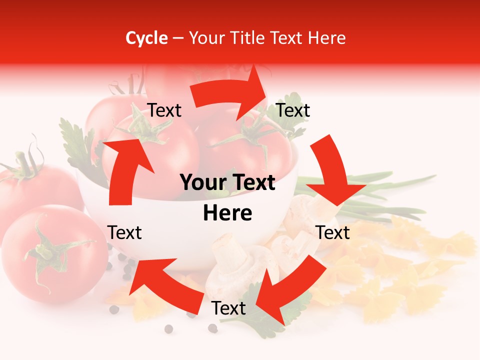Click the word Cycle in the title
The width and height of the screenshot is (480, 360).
[146, 38]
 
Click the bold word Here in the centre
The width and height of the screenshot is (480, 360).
[227, 213]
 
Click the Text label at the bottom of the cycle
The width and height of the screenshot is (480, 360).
[228, 308]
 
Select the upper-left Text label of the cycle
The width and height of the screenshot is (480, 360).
[164, 110]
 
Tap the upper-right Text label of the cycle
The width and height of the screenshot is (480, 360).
[293, 110]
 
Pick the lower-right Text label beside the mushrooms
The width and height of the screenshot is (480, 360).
[333, 232]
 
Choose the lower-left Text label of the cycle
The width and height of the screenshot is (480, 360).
[124, 232]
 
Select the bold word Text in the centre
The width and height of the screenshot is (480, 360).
[252, 183]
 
